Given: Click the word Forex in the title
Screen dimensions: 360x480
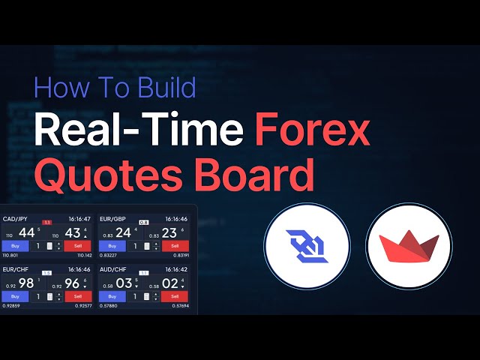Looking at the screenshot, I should coord(312,132).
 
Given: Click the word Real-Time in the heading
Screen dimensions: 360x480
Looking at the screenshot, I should coord(139,132).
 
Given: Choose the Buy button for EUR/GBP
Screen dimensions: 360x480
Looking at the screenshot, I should coord(112,246).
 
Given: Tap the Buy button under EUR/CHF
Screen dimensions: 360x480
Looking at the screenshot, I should coord(14,296).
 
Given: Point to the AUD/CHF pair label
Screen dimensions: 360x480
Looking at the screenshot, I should coord(114,269).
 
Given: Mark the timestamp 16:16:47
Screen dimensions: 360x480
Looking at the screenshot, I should coord(79,219).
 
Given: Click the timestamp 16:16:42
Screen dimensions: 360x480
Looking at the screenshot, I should coord(176,269).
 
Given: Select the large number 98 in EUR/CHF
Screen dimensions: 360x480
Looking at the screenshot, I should coord(27,283).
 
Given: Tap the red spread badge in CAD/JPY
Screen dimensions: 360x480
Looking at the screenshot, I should coord(46,222).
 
